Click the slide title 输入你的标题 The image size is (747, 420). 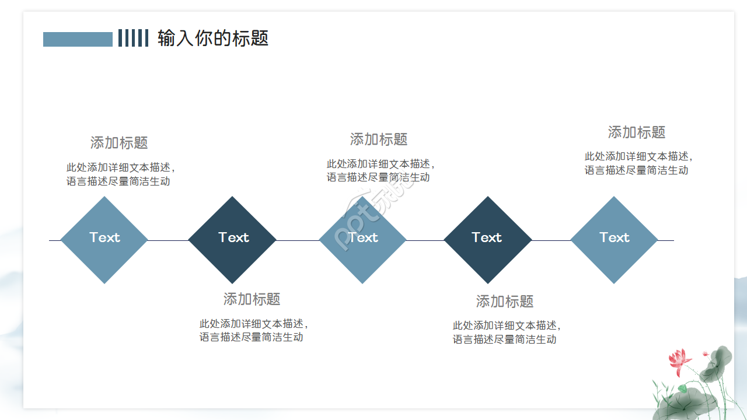213,38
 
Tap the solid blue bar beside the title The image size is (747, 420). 78,39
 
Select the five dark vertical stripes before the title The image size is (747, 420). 133,38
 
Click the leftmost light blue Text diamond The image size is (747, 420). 104,239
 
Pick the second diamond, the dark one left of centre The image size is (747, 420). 232,239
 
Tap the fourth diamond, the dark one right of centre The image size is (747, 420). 487,239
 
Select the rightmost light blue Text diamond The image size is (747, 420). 614,239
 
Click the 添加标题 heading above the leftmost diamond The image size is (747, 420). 119,142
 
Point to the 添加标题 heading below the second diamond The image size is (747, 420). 252,299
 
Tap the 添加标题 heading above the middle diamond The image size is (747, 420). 379,139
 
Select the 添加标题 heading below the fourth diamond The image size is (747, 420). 505,302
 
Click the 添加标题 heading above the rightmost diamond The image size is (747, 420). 637,132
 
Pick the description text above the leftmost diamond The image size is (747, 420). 120,174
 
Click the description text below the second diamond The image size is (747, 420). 253,330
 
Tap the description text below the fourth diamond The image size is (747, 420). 507,332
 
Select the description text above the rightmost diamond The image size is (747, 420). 638,163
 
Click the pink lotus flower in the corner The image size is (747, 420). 679,361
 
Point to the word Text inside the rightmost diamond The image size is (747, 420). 615,237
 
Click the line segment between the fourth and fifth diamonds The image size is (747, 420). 551,240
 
